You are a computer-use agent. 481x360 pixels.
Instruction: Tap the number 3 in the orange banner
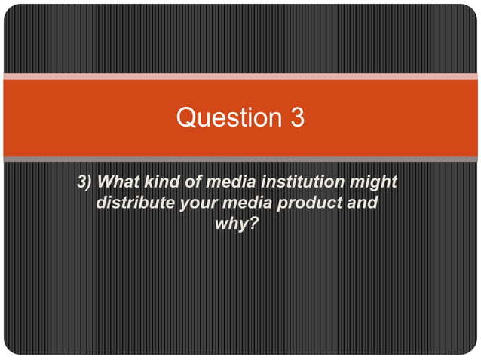(x=296, y=117)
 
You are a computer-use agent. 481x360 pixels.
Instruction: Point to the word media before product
(x=242, y=203)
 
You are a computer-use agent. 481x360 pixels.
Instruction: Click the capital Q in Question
(x=186, y=117)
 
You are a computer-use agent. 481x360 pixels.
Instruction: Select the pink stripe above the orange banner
(x=240, y=76)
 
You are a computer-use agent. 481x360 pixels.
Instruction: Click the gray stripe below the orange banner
(x=240, y=159)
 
